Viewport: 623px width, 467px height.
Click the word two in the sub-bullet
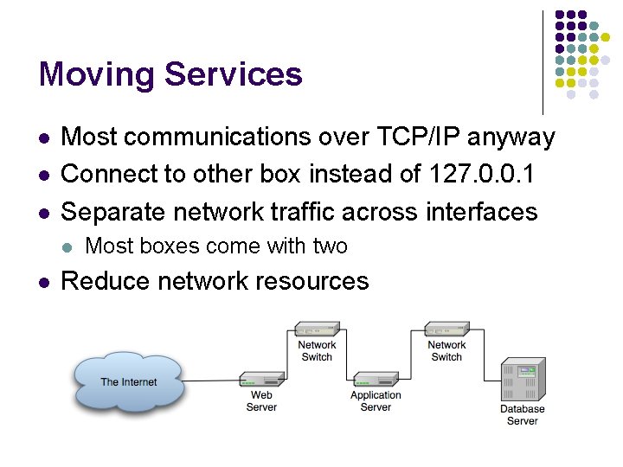tap(330, 246)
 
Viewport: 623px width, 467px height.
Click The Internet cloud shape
tap(129, 381)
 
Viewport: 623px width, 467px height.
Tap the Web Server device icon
tap(262, 380)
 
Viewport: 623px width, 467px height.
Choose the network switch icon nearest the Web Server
tap(317, 329)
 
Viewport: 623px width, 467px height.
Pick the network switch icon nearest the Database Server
tap(447, 329)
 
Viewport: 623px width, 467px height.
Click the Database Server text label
tap(522, 414)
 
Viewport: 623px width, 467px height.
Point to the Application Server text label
tap(376, 401)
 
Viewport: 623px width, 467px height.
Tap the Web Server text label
tap(261, 401)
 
